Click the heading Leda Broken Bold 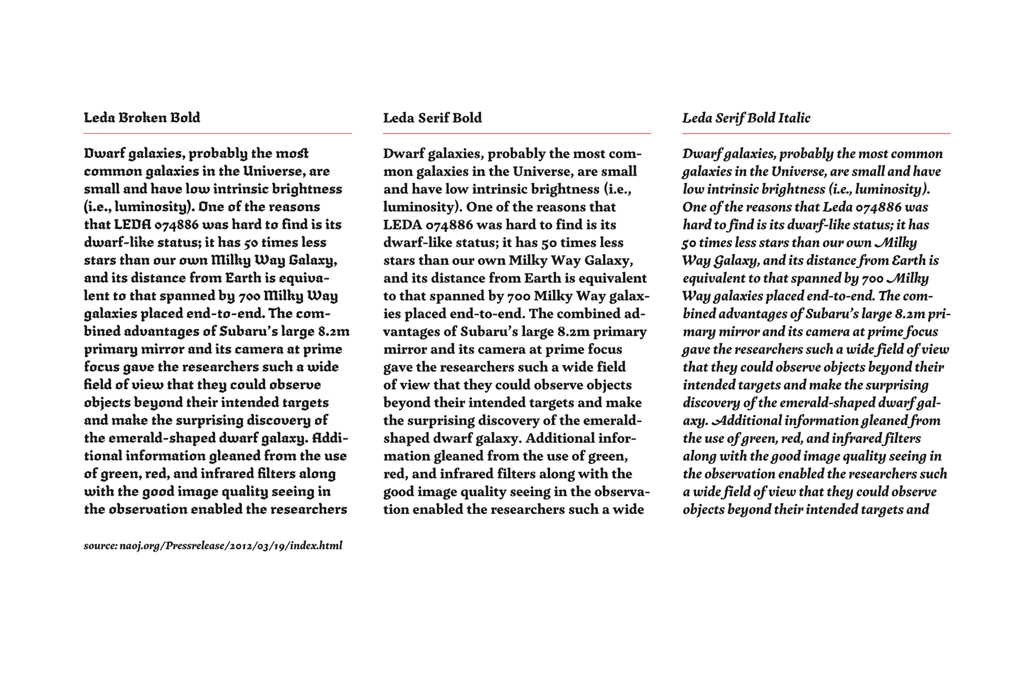(142, 118)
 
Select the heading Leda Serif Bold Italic (746, 118)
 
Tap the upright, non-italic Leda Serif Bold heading (432, 118)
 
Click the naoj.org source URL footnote (213, 545)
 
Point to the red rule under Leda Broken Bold (217, 133)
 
